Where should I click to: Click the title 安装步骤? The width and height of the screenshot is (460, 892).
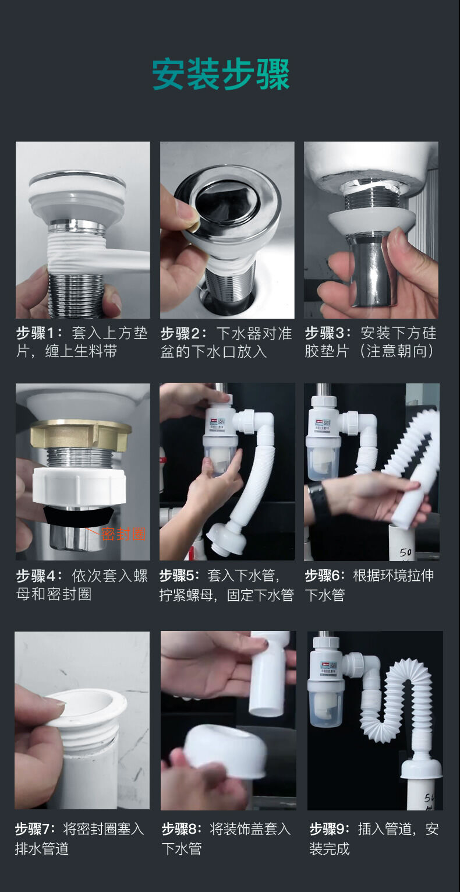[221, 75]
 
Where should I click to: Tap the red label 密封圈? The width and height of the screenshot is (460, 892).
[123, 534]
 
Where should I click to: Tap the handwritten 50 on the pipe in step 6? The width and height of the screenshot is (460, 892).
[405, 552]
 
